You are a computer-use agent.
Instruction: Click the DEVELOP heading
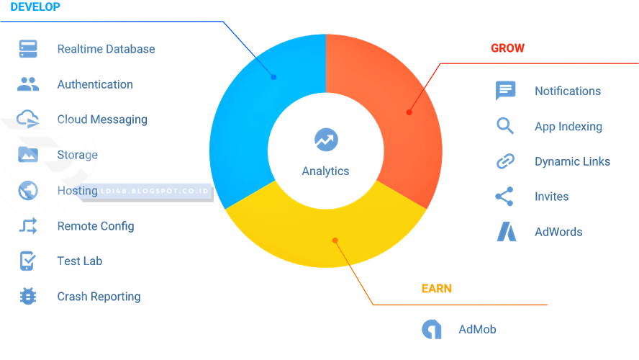click(35, 7)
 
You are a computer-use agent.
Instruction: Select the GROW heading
click(507, 48)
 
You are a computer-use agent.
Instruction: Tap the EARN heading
click(436, 289)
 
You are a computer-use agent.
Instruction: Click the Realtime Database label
click(106, 49)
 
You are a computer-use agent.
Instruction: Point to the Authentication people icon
click(28, 84)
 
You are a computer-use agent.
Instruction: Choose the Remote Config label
click(96, 226)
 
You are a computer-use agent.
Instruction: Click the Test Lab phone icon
click(28, 261)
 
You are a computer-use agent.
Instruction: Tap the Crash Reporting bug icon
click(28, 296)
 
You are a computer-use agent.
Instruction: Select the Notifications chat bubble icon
click(506, 91)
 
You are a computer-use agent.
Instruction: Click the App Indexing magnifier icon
click(505, 126)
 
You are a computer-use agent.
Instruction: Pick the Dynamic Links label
click(572, 161)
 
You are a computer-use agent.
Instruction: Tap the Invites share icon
click(505, 197)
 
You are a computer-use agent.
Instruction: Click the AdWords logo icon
click(506, 232)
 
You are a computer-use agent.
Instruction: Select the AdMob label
click(477, 330)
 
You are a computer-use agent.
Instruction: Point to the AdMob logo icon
click(432, 329)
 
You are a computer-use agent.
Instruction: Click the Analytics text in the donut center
click(325, 171)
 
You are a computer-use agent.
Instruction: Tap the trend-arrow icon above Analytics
click(326, 140)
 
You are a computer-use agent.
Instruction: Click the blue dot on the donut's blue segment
click(273, 77)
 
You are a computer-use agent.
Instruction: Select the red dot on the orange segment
click(409, 112)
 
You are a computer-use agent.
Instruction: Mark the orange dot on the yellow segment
click(334, 241)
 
